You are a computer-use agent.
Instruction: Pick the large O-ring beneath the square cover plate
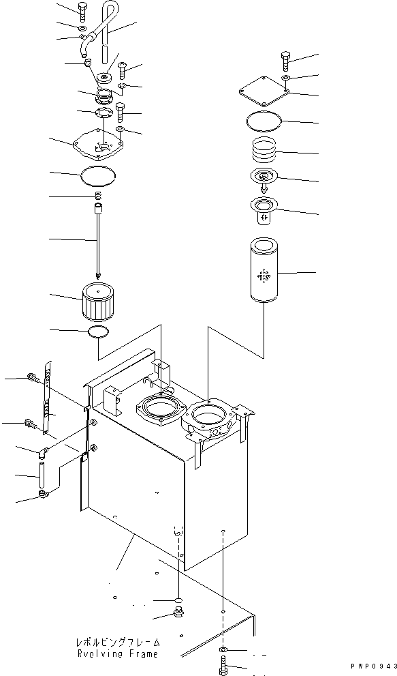coord(264,122)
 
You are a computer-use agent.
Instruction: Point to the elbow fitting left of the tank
coord(42,452)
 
